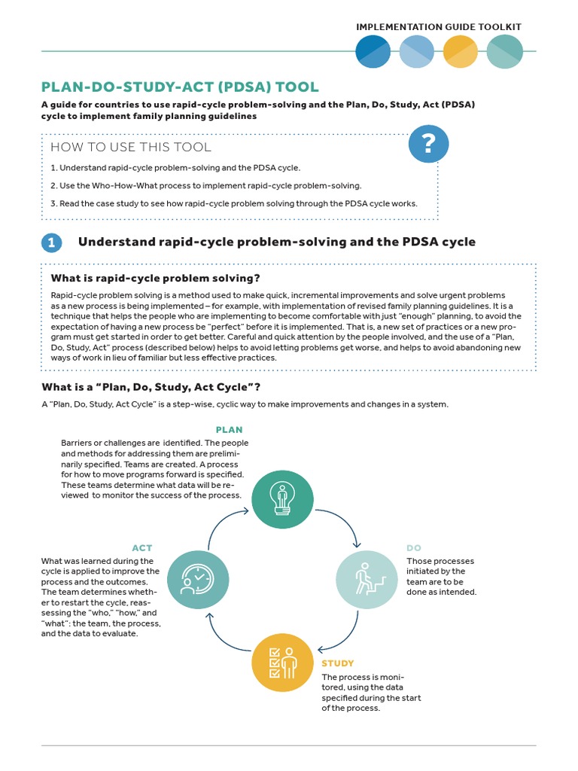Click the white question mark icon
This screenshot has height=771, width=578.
coord(427,143)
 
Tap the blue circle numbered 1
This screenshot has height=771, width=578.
coord(52,242)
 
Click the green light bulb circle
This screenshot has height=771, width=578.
coord(282,498)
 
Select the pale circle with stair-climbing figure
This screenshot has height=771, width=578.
coord(366,580)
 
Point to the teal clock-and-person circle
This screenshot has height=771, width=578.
coord(197,580)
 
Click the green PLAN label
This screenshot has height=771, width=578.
coord(230,430)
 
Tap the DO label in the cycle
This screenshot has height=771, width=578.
coord(414,548)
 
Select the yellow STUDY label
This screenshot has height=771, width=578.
coord(337,663)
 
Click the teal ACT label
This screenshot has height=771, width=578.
coord(142,548)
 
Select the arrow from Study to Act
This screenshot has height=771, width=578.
coord(223,637)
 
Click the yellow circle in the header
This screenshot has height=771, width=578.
coord(460,51)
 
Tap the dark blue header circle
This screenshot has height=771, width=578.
coord(373,51)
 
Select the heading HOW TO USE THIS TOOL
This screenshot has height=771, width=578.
coord(131,147)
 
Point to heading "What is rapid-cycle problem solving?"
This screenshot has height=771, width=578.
coord(155,279)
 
